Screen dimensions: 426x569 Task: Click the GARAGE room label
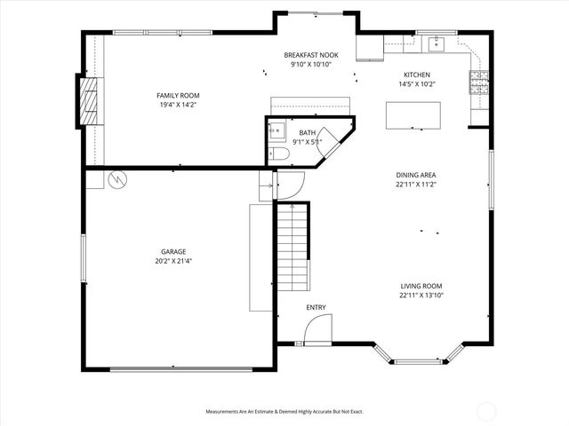[173, 251]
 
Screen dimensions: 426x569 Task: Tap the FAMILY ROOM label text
[178, 94]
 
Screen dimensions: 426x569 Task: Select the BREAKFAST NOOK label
[310, 55]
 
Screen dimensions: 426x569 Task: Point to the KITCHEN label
[417, 75]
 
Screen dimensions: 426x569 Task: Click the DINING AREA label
[416, 175]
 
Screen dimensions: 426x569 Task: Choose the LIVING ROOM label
[421, 285]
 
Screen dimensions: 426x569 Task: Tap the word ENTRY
[316, 308]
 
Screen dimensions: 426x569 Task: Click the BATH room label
[308, 132]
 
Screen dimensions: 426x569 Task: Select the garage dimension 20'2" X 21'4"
[173, 261]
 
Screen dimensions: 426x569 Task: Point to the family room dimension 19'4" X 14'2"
[178, 104]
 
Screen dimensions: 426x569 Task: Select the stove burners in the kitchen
[477, 84]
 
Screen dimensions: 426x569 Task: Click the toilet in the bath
[280, 154]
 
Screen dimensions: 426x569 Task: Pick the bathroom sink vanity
[276, 132]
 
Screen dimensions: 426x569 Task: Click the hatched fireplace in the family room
[89, 104]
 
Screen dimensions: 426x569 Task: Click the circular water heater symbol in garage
[116, 179]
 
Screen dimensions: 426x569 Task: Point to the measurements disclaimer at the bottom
[284, 412]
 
